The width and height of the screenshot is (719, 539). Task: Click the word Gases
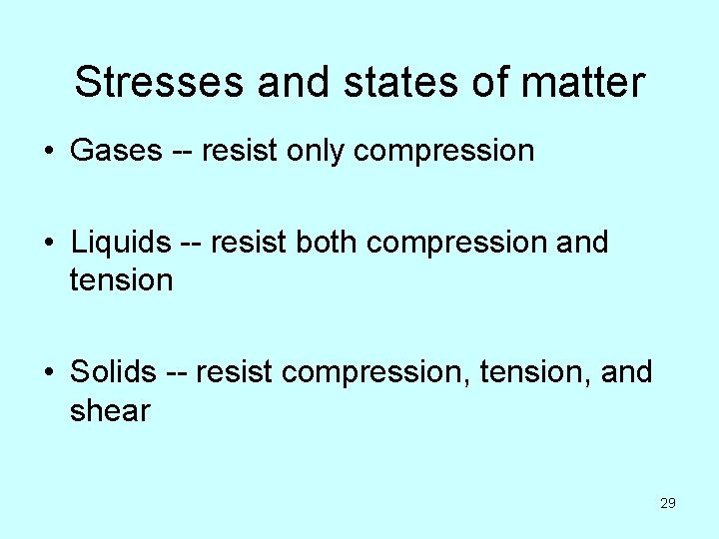point(116,151)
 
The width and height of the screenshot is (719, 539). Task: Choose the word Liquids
point(121,243)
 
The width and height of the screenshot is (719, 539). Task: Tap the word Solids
point(113,372)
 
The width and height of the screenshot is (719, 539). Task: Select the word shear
point(110,410)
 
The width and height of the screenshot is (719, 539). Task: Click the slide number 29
point(668,503)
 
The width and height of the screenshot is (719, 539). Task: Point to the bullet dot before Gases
point(48,152)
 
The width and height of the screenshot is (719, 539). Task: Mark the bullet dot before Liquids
point(48,244)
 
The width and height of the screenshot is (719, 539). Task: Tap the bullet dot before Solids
point(48,373)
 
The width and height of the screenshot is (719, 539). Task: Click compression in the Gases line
point(444,151)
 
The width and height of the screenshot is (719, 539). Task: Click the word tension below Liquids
point(121,280)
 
